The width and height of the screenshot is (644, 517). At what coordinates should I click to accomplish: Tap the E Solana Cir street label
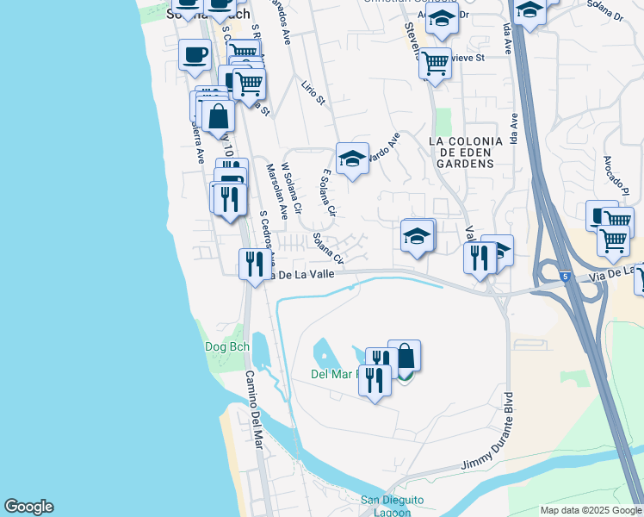coord(327,191)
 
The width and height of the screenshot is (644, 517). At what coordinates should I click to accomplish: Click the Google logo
coord(28,507)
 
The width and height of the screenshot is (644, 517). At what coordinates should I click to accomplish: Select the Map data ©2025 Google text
coord(590,510)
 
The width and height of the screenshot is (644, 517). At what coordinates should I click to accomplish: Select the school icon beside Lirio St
coord(352,159)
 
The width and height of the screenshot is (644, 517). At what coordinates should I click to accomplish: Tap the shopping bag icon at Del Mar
coord(405,356)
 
